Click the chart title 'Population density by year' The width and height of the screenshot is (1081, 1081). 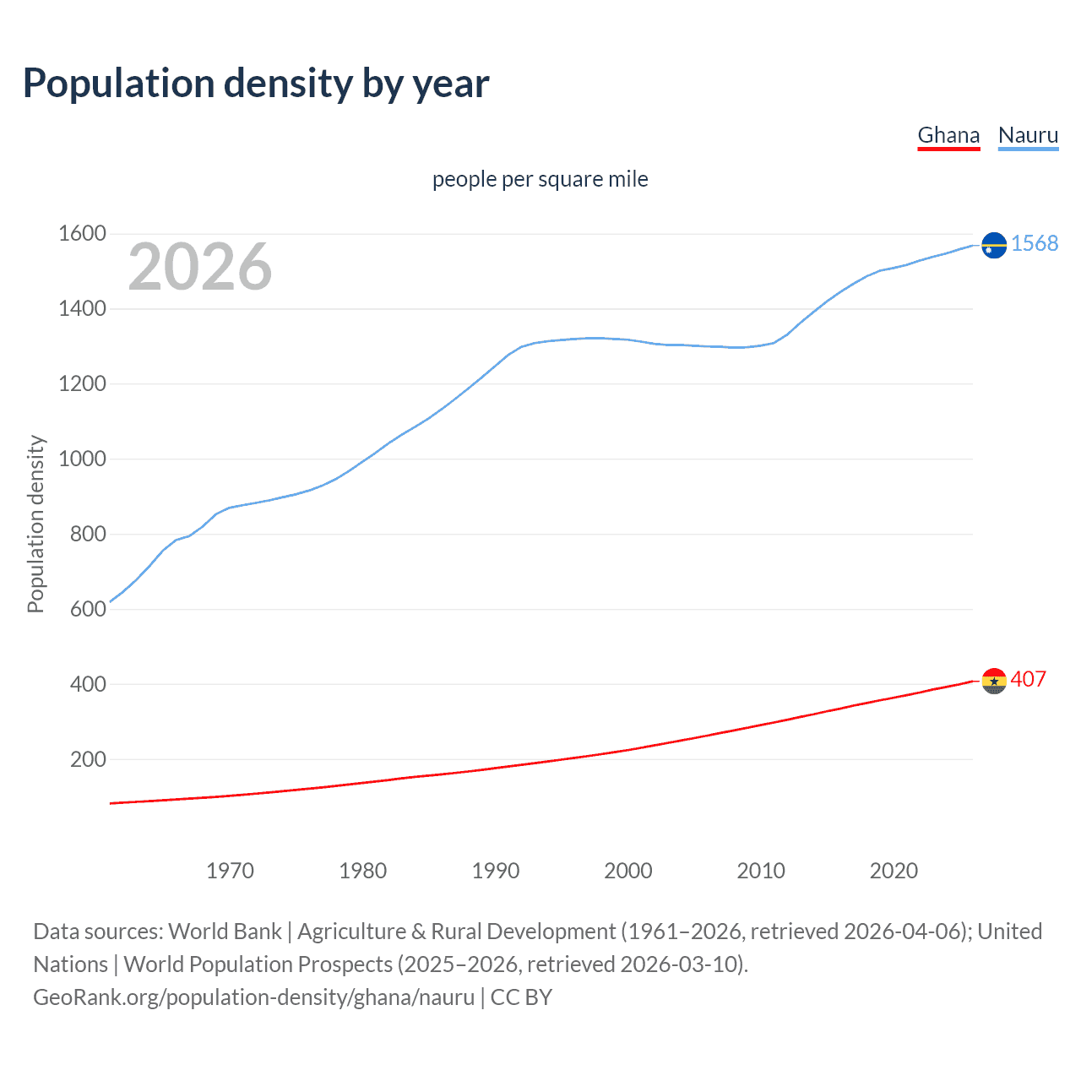pyautogui.click(x=256, y=84)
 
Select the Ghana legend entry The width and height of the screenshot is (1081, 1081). pyautogui.click(x=948, y=135)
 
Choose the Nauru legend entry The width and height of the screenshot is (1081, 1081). pyautogui.click(x=1028, y=135)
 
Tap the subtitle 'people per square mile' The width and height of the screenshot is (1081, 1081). pyautogui.click(x=540, y=179)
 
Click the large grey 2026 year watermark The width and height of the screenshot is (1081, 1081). pyautogui.click(x=200, y=267)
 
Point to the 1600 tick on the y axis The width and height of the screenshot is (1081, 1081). pyautogui.click(x=82, y=233)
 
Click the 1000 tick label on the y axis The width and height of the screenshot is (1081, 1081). pyautogui.click(x=82, y=459)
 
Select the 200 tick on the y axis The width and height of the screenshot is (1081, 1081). pyautogui.click(x=88, y=759)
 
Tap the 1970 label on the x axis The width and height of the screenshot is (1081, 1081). pyautogui.click(x=230, y=871)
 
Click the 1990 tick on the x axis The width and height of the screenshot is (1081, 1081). pyautogui.click(x=496, y=871)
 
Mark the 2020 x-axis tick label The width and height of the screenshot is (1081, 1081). pyautogui.click(x=894, y=871)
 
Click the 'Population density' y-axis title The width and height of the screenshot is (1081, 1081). pyautogui.click(x=35, y=524)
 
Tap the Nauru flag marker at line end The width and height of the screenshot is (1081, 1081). pyautogui.click(x=994, y=245)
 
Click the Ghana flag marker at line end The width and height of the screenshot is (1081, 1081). pyautogui.click(x=994, y=680)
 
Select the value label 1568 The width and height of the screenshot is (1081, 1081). pyautogui.click(x=1034, y=243)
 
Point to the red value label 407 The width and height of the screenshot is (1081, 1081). pyautogui.click(x=1028, y=679)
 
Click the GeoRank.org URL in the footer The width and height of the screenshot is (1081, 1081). pyautogui.click(x=253, y=997)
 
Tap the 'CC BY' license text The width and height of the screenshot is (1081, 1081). pyautogui.click(x=521, y=997)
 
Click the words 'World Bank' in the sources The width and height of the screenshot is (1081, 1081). pyautogui.click(x=225, y=932)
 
